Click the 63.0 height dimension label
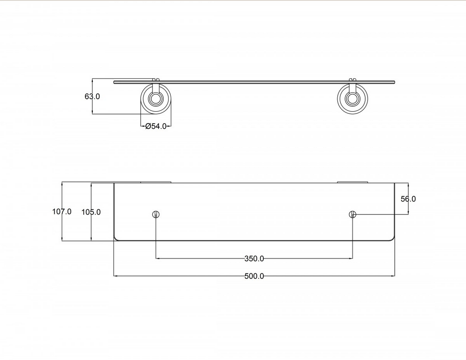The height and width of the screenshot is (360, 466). [92, 96]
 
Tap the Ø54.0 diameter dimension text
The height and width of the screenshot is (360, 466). [156, 126]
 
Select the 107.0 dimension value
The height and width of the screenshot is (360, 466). [62, 212]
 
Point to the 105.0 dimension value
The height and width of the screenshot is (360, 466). [91, 212]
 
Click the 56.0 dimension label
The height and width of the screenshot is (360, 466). [408, 199]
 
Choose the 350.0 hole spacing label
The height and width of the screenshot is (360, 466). [254, 259]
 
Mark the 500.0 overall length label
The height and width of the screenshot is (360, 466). [254, 276]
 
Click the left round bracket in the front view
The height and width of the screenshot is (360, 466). [156, 99]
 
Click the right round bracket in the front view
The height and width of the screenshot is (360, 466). [352, 99]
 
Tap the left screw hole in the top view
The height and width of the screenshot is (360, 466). [156, 214]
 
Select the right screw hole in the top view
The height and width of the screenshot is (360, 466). [352, 214]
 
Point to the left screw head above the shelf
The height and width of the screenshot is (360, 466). [156, 79]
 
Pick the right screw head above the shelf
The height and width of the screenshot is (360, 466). [352, 79]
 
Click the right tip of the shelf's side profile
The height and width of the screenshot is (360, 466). [394, 82]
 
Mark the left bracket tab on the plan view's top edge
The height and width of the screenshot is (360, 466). [156, 182]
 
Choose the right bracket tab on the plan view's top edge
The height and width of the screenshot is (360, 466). [352, 182]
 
